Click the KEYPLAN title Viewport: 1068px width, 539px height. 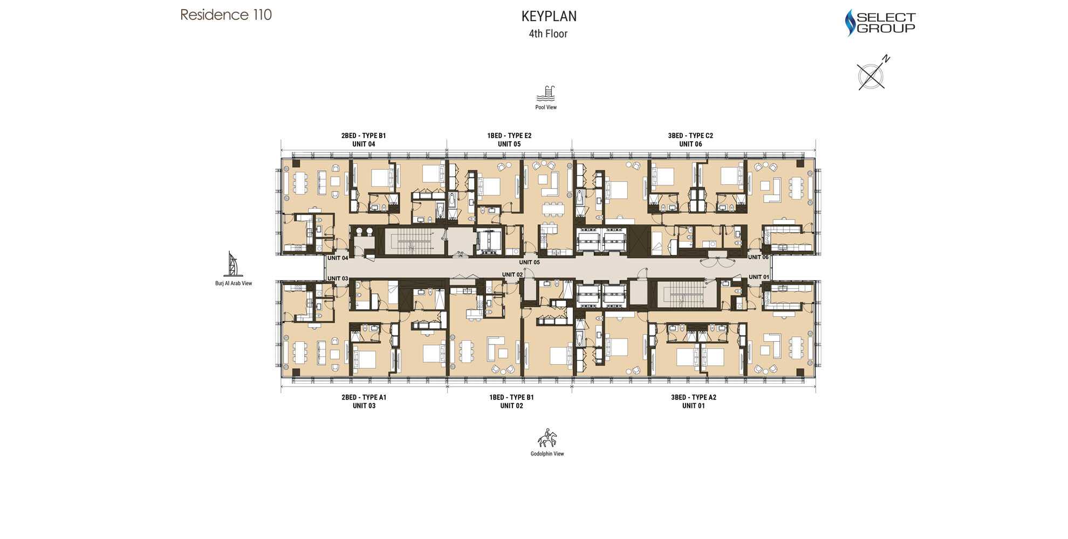(549, 16)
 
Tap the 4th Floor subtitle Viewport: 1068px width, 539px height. (548, 33)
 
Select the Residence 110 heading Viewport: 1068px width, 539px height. (226, 15)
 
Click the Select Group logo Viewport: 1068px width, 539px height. (880, 23)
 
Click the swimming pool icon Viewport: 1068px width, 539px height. (546, 94)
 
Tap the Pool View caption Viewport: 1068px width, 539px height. (546, 107)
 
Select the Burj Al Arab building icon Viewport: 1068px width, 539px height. (233, 264)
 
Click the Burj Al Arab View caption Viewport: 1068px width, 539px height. (234, 283)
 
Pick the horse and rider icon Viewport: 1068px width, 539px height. (547, 438)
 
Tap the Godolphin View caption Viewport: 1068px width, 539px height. (547, 454)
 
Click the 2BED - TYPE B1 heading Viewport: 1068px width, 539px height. (364, 136)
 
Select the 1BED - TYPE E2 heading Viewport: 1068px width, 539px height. (509, 136)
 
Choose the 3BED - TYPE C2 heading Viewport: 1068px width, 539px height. (690, 136)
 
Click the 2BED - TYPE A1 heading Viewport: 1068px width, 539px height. (364, 397)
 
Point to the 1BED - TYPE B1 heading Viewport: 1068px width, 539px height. (511, 397)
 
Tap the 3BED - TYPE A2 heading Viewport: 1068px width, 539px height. (694, 397)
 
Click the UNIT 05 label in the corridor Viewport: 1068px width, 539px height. (529, 262)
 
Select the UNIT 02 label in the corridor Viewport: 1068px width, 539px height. (512, 274)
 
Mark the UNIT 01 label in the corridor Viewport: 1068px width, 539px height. (759, 277)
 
